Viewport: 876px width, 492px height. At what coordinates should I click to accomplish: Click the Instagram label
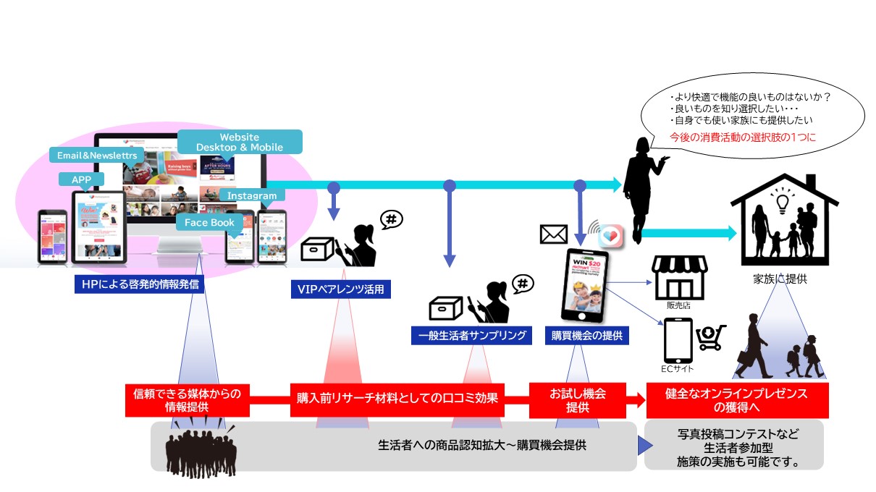[253, 196]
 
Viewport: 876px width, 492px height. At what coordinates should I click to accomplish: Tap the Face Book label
[209, 223]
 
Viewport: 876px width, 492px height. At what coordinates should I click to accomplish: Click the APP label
[81, 179]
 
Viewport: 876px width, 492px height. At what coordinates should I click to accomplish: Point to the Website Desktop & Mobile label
[240, 142]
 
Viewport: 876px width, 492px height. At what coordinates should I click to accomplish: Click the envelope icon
[554, 234]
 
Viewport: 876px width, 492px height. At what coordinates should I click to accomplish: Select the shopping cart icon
[711, 338]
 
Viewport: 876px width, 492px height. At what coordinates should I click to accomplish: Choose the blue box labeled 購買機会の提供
[586, 336]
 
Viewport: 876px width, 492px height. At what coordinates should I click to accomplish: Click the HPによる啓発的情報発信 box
[139, 284]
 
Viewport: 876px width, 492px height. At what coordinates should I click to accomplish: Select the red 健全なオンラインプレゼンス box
[736, 400]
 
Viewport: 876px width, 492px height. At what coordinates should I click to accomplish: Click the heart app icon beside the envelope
[611, 234]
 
